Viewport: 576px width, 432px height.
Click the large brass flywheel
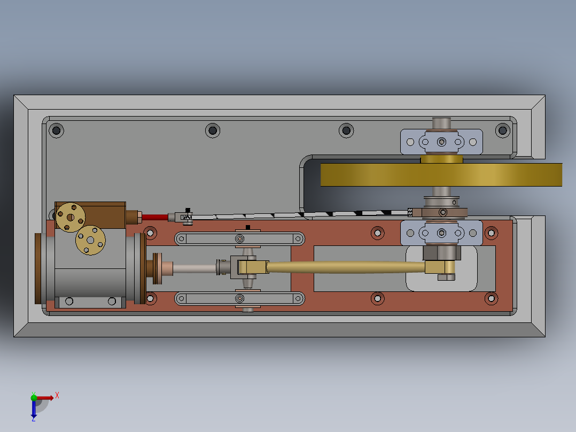441,175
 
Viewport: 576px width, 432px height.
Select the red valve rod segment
154,217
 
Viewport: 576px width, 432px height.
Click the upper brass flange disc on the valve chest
71,217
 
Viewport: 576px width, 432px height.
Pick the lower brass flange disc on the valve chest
90,240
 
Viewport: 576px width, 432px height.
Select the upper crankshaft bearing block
441,142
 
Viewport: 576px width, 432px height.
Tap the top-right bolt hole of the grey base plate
502,129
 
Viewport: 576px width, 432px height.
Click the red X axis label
57,396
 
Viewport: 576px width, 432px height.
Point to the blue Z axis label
33,419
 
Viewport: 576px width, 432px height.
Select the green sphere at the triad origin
34,397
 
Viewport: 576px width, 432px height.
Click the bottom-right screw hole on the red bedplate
490,298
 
